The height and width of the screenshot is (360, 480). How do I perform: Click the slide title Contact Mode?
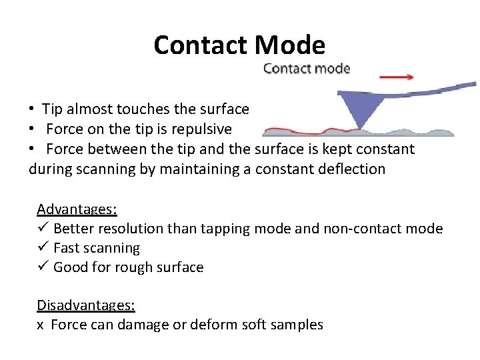tap(239, 45)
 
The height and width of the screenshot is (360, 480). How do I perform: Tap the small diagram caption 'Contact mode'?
tap(307, 68)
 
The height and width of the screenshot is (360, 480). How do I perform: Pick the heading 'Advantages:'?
tap(77, 209)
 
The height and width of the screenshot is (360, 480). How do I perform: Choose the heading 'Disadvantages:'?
tap(86, 305)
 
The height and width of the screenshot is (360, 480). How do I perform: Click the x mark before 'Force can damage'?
tap(40, 325)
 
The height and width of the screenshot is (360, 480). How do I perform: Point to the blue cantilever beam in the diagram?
tap(427, 92)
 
